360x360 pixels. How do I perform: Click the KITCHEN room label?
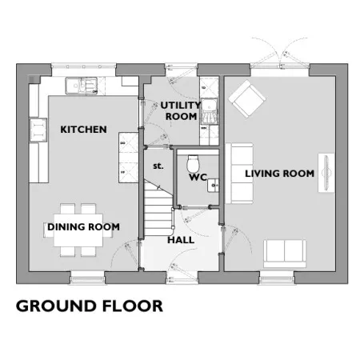83,130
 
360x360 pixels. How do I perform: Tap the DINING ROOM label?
83,227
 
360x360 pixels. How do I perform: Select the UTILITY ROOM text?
181,111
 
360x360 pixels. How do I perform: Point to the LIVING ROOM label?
280,174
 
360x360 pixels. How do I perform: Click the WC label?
198,178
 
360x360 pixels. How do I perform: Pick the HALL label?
181,240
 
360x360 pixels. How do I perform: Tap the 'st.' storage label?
158,166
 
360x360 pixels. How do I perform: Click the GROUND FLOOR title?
90,306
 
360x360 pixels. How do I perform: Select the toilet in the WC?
193,164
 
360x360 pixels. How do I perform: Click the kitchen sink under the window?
82,86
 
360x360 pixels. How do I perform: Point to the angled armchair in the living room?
247,98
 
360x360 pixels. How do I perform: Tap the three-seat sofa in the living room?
239,174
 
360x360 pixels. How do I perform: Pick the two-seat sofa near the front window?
285,254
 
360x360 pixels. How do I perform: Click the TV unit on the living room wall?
326,173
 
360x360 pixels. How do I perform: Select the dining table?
78,230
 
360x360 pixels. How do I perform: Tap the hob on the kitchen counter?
38,130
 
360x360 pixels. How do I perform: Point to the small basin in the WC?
213,185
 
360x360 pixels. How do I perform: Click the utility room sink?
210,105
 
